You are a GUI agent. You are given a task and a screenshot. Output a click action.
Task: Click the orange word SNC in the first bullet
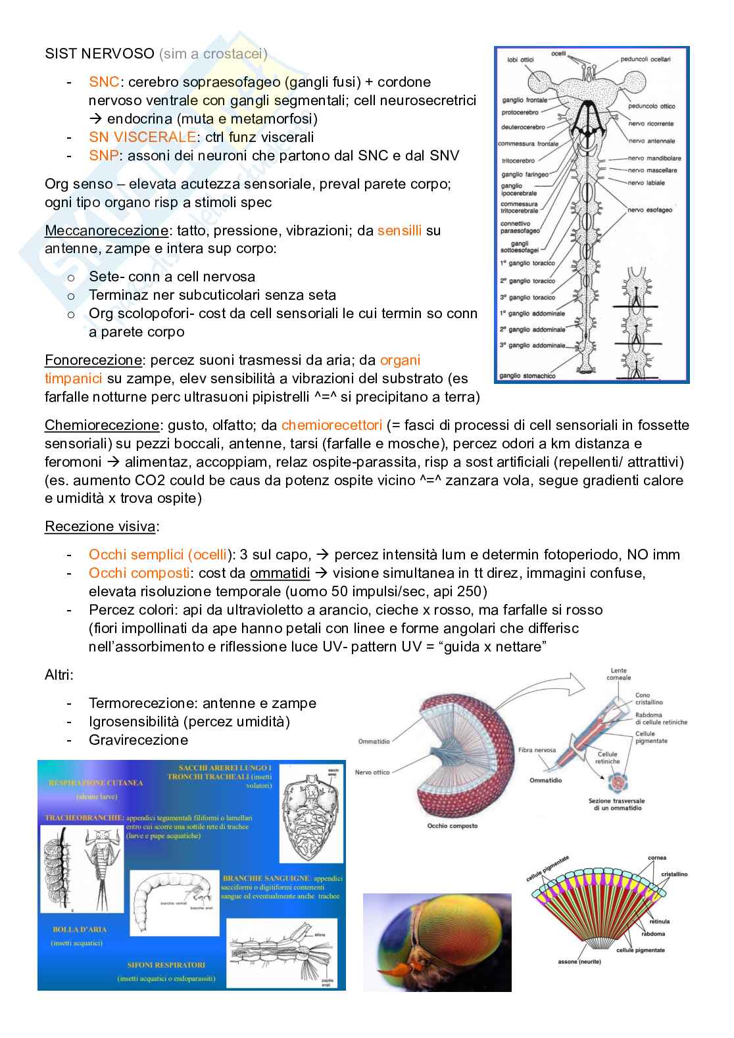point(104,82)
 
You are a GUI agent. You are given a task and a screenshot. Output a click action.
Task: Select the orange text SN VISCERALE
point(142,137)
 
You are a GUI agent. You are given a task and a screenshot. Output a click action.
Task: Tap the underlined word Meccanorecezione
point(106,231)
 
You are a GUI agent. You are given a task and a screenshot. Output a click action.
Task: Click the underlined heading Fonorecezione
point(93,360)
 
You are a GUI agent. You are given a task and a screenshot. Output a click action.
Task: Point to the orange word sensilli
point(399,231)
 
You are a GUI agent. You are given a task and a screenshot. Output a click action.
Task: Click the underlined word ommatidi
point(280,573)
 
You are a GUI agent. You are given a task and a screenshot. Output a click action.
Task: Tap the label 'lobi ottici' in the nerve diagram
point(520,60)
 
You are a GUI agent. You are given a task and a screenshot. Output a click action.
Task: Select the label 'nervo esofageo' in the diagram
point(650,210)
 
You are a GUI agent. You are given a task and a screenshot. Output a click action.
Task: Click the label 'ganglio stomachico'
point(527,376)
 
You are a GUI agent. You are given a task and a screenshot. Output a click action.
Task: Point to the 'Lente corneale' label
point(618,674)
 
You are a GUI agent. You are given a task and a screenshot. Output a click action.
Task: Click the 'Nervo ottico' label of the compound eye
point(372,772)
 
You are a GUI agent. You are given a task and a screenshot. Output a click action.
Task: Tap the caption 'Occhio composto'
point(452,826)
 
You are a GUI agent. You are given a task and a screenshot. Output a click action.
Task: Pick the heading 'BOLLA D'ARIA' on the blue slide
point(80,930)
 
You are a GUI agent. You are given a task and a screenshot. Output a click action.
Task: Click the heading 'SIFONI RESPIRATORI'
point(166,965)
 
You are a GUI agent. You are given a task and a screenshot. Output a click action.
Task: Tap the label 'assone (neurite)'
point(579,962)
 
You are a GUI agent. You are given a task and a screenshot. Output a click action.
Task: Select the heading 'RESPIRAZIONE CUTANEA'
point(95,783)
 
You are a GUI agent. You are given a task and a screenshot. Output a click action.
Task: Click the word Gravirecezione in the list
point(138,740)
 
